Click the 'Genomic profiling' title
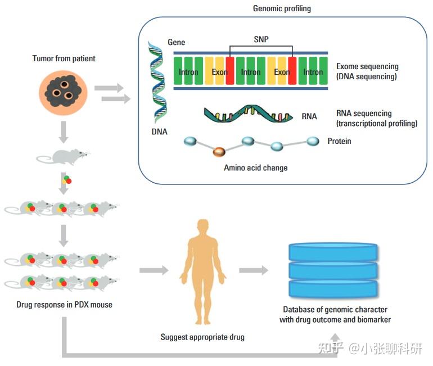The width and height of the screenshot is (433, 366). (x=282, y=8)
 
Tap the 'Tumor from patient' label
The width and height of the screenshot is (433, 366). (x=64, y=59)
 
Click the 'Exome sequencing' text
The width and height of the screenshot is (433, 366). (x=367, y=66)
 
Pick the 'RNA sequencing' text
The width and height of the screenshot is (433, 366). (x=364, y=114)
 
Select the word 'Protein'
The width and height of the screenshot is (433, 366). (x=339, y=141)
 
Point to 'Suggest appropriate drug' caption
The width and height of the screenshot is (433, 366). (x=202, y=337)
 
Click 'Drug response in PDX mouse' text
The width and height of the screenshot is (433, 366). (x=64, y=305)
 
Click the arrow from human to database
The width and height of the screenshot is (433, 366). (x=254, y=271)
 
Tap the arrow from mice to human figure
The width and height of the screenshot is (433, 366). (x=154, y=271)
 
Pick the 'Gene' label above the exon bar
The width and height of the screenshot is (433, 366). (x=176, y=42)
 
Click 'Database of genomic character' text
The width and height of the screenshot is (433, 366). (x=335, y=309)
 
